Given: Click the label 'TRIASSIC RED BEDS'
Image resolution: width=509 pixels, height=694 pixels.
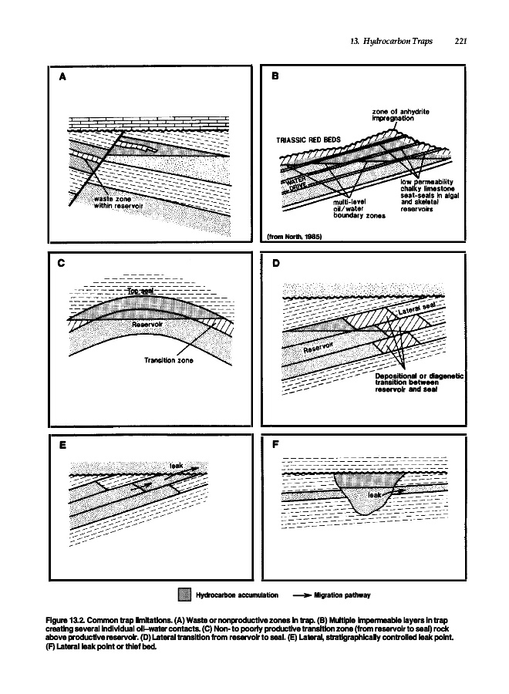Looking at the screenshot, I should click(308, 141).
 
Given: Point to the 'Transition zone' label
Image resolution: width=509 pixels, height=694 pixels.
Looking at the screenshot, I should click(167, 359).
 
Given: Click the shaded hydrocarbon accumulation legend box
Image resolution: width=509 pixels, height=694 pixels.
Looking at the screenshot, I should click(184, 595).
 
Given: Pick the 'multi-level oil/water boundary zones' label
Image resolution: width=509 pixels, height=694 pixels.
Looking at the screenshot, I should click(352, 206).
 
